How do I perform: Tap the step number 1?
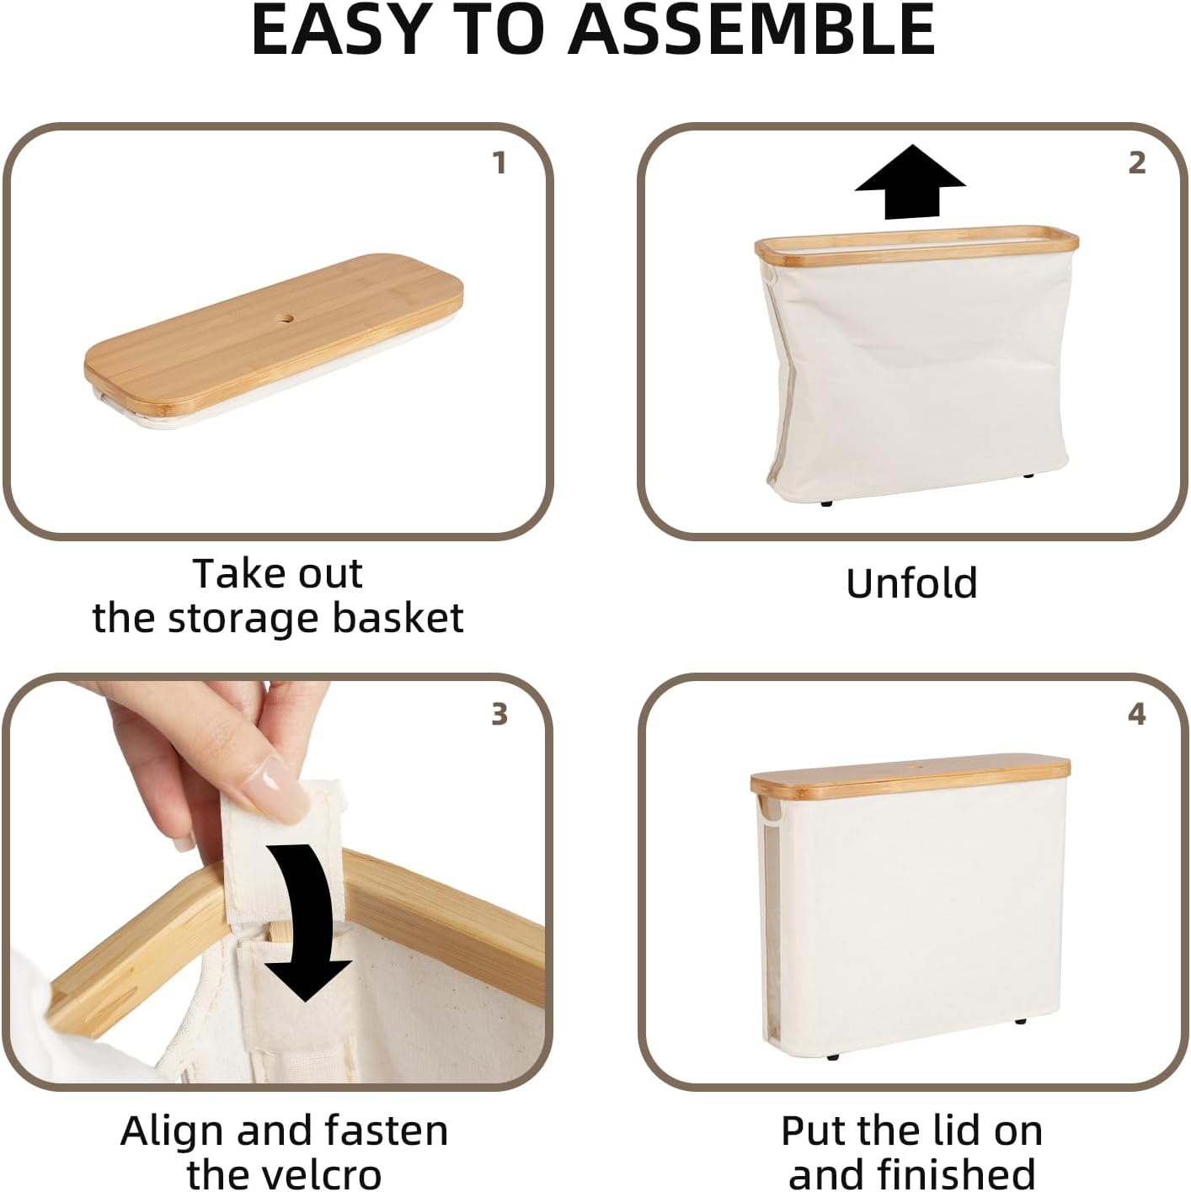pos(499,162)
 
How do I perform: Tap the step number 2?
pos(1136,162)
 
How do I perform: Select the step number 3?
pos(499,714)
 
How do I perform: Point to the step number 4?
pos(1136,714)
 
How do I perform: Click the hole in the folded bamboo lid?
pos(285,318)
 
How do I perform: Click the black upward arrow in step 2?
pos(910,182)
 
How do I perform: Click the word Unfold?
pos(911,583)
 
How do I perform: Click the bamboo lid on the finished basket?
pos(910,774)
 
